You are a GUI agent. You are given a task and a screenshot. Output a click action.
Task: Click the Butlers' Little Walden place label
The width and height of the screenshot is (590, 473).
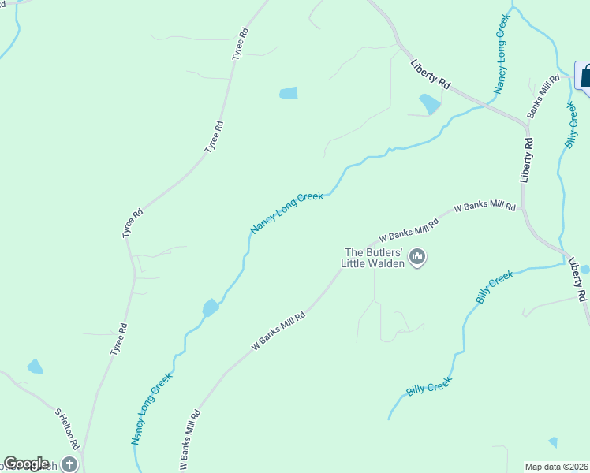tap(373, 258)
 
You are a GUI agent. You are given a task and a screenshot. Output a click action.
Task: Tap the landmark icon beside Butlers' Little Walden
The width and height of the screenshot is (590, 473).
tap(418, 257)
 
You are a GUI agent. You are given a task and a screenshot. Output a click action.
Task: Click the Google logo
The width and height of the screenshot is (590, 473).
tap(26, 464)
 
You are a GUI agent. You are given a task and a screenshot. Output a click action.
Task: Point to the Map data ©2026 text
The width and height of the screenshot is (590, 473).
tap(557, 466)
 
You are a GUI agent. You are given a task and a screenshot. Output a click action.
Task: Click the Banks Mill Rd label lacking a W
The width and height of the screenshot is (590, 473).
tap(543, 96)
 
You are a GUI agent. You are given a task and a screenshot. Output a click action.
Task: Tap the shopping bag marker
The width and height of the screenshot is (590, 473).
tap(586, 77)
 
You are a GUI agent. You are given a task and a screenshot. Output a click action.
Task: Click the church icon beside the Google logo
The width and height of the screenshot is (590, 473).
tap(69, 465)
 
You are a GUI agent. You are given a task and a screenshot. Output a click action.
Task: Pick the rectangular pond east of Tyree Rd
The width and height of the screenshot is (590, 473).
tap(289, 93)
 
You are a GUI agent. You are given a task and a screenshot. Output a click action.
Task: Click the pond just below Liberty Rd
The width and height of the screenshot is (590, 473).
tap(430, 104)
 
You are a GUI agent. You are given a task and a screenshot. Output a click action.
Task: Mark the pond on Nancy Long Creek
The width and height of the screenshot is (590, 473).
tap(211, 307)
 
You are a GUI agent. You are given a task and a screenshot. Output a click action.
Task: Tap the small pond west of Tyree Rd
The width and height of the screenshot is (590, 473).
tap(35, 367)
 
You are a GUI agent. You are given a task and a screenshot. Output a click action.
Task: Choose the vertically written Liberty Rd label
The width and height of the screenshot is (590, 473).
tap(527, 161)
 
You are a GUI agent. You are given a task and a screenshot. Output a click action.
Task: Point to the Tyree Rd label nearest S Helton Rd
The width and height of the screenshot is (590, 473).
tap(118, 340)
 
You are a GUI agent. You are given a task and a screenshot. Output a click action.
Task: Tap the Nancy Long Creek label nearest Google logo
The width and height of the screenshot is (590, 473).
tap(151, 409)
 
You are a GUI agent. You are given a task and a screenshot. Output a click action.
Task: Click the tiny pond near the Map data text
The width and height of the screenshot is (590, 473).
tap(553, 442)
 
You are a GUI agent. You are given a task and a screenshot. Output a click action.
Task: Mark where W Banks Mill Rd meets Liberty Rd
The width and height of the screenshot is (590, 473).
tap(522, 207)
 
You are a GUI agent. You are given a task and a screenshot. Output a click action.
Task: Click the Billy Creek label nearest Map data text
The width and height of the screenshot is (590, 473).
tap(429, 386)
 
